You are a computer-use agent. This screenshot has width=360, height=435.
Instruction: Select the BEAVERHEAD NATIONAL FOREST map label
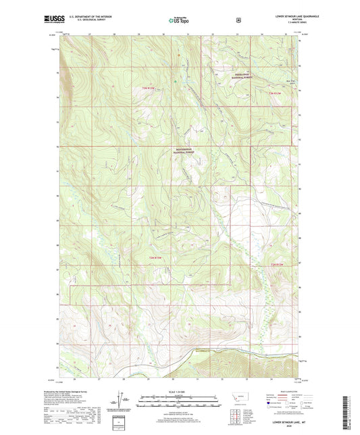(x=182, y=151)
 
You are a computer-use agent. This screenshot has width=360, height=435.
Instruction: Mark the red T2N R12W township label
(x=280, y=263)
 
